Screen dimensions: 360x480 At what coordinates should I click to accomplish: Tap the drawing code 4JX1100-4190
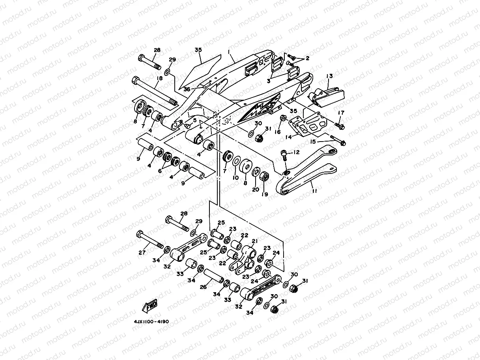[151, 321]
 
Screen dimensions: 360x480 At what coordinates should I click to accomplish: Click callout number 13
[329, 76]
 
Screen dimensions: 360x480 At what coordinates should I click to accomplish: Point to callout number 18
[159, 79]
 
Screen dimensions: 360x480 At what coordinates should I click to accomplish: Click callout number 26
[203, 287]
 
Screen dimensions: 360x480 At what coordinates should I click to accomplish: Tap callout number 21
[254, 241]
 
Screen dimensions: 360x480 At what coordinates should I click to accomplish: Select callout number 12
[296, 152]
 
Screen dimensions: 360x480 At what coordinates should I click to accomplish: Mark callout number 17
[341, 113]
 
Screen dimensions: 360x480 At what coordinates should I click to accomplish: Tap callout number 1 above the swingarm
[228, 52]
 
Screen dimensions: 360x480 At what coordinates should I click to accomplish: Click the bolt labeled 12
[284, 156]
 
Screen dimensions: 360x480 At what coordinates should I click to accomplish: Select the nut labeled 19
[265, 176]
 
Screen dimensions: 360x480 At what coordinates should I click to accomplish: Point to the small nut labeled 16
[283, 118]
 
